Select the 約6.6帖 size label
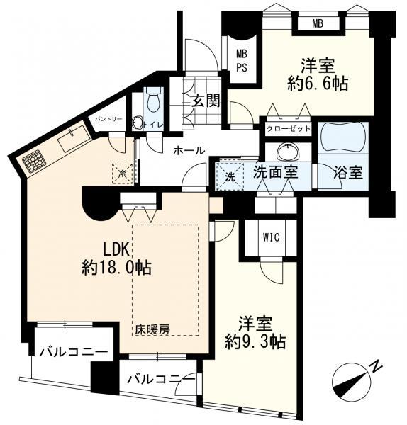[x=317, y=83]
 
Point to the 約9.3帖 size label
[x=255, y=341]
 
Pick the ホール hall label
[x=189, y=150]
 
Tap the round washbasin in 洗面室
[x=288, y=152]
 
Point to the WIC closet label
[x=270, y=237]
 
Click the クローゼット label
[x=288, y=130]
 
